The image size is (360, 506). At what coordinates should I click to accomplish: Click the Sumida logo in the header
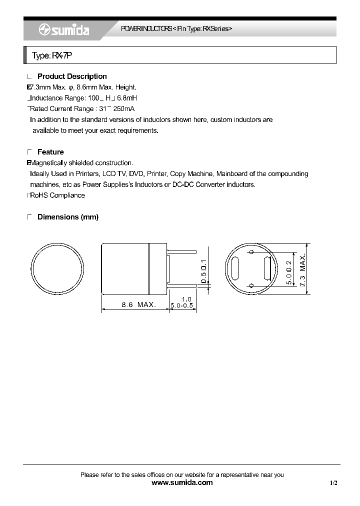tap(64, 30)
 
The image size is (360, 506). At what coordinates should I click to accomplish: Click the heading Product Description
tap(72, 76)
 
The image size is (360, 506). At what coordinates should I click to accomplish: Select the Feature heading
tap(50, 152)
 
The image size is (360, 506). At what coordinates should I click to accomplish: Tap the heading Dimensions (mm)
tap(68, 217)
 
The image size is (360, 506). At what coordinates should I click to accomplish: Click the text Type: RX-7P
tap(52, 55)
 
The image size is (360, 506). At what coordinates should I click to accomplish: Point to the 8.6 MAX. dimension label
tap(138, 304)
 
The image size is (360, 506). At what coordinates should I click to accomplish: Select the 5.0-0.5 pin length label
tap(182, 305)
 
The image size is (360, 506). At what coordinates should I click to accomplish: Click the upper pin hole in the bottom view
tap(251, 251)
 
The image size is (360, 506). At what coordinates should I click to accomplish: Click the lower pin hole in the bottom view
tap(251, 285)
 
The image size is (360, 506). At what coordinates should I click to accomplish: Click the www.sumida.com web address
tap(181, 482)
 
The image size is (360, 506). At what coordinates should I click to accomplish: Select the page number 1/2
tap(333, 483)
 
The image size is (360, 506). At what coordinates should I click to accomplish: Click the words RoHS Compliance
tap(57, 195)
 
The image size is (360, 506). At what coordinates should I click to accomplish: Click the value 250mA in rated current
tap(123, 109)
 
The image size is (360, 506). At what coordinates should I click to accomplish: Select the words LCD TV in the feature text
tap(114, 173)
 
